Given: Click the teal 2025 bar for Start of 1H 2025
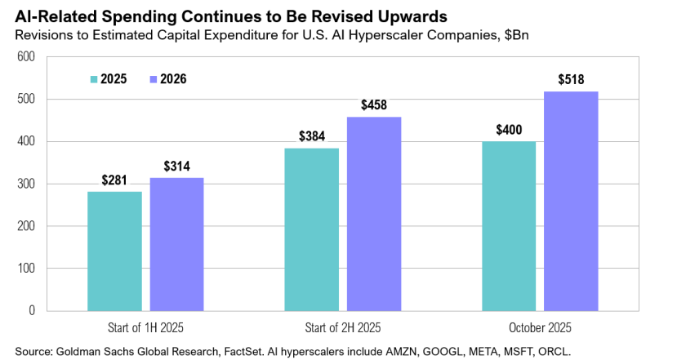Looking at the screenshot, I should point(114,251).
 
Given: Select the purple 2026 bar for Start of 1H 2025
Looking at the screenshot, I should point(176,244).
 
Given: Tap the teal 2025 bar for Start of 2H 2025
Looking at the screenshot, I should point(312,229).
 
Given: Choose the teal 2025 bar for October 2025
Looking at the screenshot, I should point(509,226).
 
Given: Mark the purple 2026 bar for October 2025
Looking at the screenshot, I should point(571,201).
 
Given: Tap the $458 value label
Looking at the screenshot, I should point(374,106).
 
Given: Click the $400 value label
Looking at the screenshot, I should point(509,131).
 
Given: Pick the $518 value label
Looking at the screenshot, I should point(571,80).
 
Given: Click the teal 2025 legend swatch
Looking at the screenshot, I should point(94,79).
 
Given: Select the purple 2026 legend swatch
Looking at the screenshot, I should point(154,79).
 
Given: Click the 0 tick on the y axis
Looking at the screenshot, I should point(32,310).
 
